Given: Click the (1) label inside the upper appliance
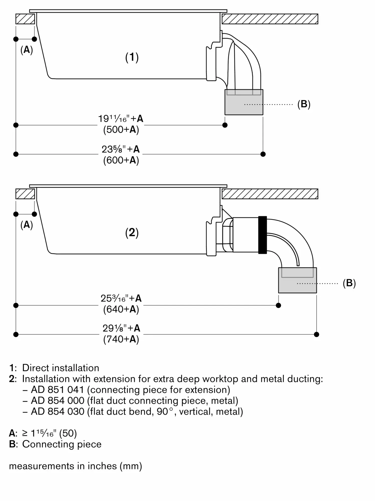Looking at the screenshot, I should pyautogui.click(x=132, y=57).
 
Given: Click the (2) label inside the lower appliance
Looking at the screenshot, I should pyautogui.click(x=132, y=233).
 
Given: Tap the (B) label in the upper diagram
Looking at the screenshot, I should pyautogui.click(x=304, y=104).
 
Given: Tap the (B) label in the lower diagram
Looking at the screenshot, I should pyautogui.click(x=349, y=283).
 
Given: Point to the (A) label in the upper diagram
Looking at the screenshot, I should pyautogui.click(x=27, y=50).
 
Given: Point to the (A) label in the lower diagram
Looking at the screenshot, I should pyautogui.click(x=27, y=225).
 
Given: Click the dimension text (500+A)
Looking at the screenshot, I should pyautogui.click(x=121, y=130).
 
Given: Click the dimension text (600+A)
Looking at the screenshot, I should pyautogui.click(x=121, y=160).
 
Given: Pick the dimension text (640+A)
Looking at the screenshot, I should pyautogui.click(x=121, y=309).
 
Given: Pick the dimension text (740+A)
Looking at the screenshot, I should pyautogui.click(x=121, y=339).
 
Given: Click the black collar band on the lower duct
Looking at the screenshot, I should pyautogui.click(x=263, y=235).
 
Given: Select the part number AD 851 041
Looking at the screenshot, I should pyautogui.click(x=57, y=390).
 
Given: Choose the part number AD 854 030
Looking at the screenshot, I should pyautogui.click(x=57, y=412).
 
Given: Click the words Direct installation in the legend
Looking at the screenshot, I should pyautogui.click(x=61, y=368).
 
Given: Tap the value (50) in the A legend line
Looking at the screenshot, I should pyautogui.click(x=68, y=433).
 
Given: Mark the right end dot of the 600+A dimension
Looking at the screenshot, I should pyautogui.click(x=263, y=154).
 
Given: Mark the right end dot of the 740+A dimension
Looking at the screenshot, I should pyautogui.click(x=316, y=334).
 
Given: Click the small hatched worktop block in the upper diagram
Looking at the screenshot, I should pyautogui.click(x=25, y=19).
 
